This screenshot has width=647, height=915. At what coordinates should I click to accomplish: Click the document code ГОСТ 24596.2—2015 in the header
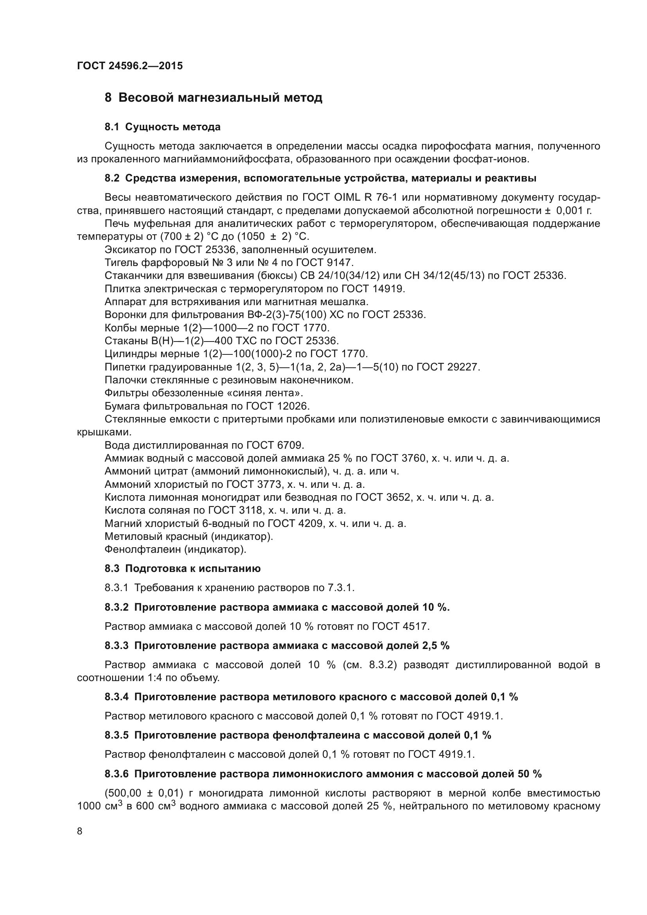pyautogui.click(x=130, y=66)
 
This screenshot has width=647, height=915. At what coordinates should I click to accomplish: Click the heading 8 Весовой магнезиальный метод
pyautogui.click(x=213, y=98)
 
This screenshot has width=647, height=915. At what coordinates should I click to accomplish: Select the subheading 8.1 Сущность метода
pyautogui.click(x=163, y=127)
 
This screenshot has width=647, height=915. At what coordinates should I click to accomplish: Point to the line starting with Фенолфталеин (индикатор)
pyautogui.click(x=175, y=550)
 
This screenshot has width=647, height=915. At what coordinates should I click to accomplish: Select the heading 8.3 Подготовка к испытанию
pyautogui.click(x=182, y=569)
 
